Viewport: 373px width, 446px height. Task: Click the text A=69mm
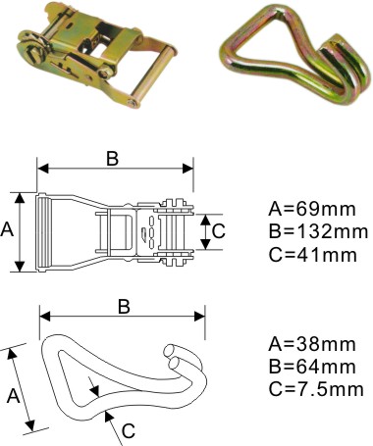[x=311, y=209]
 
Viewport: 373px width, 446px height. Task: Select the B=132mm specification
[x=318, y=231]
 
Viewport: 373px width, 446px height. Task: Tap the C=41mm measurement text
[x=312, y=255]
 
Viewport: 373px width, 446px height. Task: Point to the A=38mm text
[x=311, y=344]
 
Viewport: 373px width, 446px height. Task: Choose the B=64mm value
[x=312, y=367]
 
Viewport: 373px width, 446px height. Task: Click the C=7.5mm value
[x=316, y=389]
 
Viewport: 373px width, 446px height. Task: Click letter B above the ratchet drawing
[x=112, y=159]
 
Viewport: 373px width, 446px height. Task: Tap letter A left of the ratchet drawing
[x=7, y=229]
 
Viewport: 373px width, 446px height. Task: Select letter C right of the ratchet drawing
[x=219, y=231]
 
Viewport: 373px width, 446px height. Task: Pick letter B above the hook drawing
[x=124, y=307]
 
